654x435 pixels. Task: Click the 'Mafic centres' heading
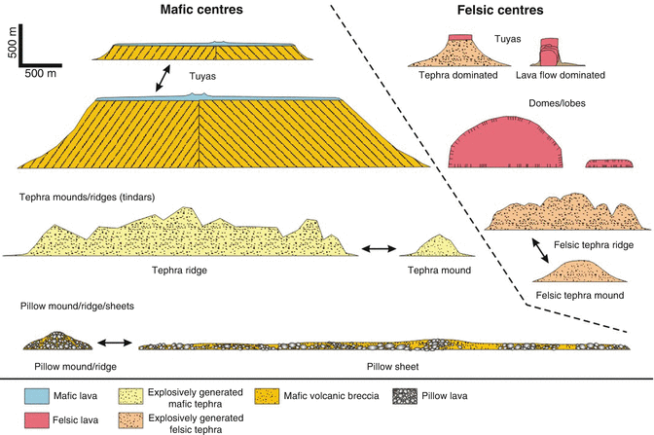(200, 11)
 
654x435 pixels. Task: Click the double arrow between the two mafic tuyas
(155, 81)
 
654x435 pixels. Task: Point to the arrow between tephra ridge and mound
(376, 250)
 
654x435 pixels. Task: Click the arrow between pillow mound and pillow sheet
(114, 343)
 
